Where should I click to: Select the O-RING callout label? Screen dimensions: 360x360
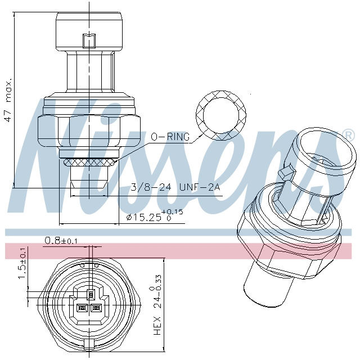(x=169, y=137)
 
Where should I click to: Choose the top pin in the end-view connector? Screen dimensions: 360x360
(x=89, y=293)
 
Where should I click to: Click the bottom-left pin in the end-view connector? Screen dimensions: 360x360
(x=82, y=308)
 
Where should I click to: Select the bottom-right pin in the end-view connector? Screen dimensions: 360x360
(x=96, y=308)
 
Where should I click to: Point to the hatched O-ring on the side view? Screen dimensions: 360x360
(x=89, y=162)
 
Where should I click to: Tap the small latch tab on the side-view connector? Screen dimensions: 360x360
(x=89, y=42)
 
